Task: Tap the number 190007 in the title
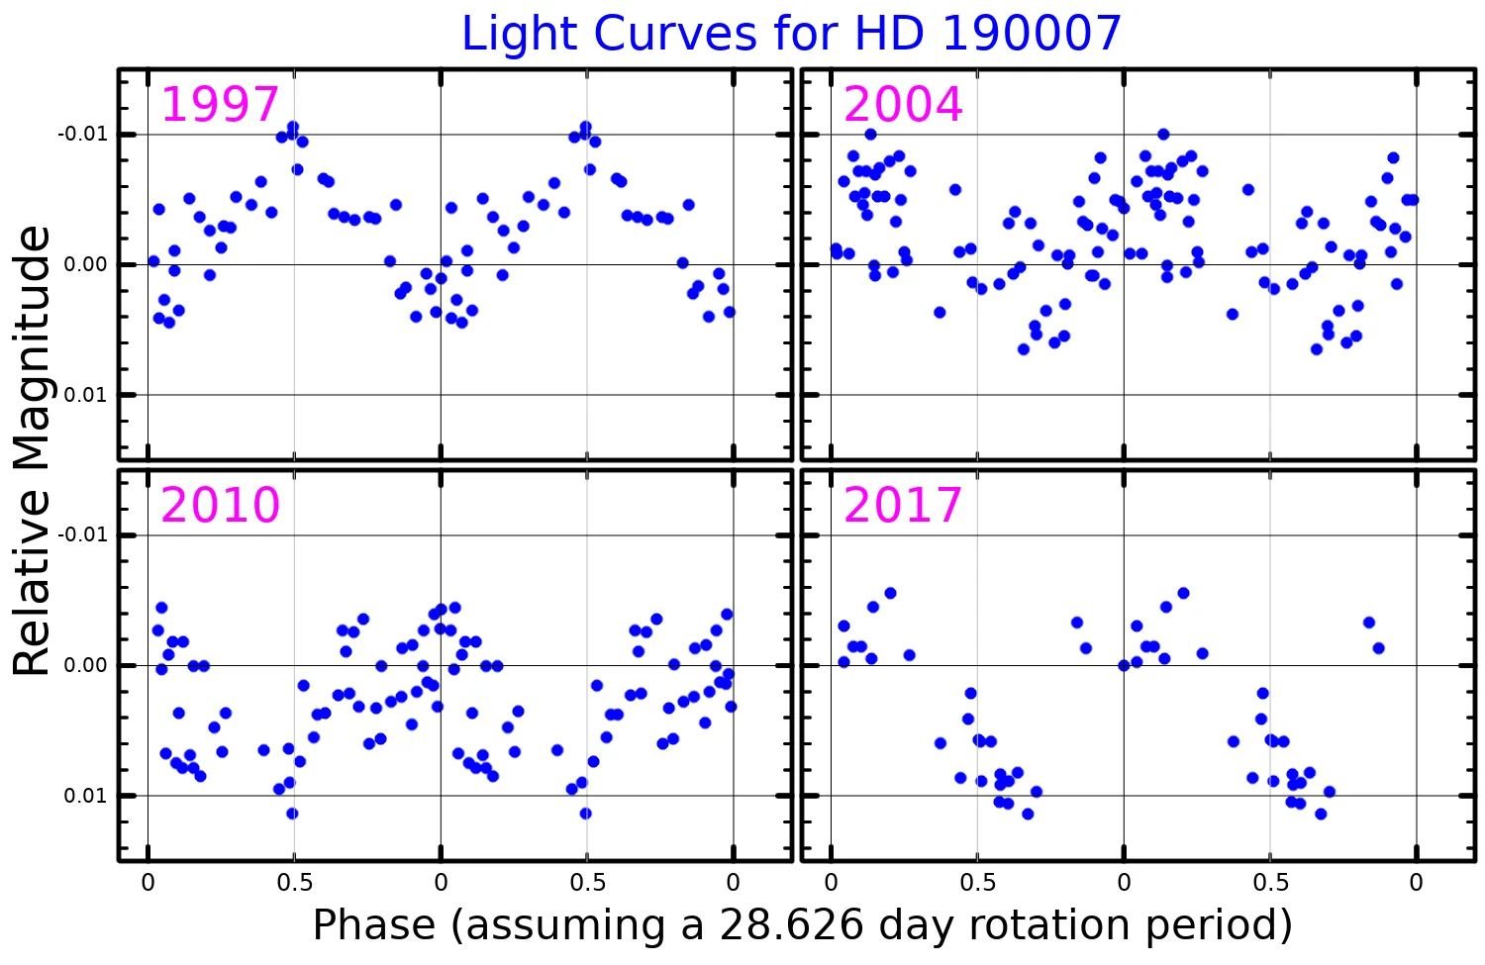[1031, 35]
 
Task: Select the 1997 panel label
[220, 105]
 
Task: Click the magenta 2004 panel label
[903, 105]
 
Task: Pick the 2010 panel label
[220, 506]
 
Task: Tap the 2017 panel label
[903, 506]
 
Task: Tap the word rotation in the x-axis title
[1030, 925]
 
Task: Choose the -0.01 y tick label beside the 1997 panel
[82, 135]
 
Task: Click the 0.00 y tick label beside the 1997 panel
[86, 264]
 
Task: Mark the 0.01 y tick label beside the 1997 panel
[86, 395]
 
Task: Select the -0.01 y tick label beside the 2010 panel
[82, 535]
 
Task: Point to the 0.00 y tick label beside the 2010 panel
[86, 665]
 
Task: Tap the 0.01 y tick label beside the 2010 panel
[86, 796]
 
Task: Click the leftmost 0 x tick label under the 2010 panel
[148, 883]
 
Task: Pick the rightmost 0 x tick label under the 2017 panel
[1416, 883]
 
